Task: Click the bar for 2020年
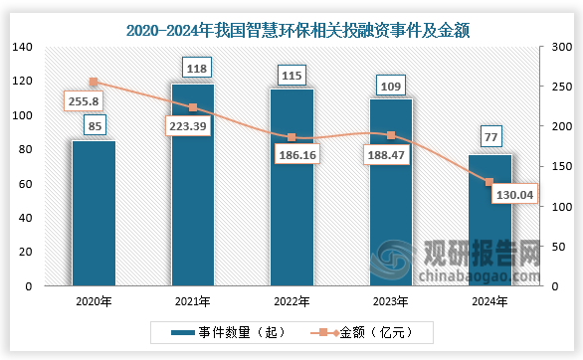tap(93, 213)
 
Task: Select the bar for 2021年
tap(192, 185)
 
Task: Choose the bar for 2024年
tap(489, 220)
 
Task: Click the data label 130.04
tap(513, 194)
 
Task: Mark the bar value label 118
tap(196, 69)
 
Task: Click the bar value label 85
tap(93, 125)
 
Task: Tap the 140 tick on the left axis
tap(24, 47)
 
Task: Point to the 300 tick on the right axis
tap(557, 47)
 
